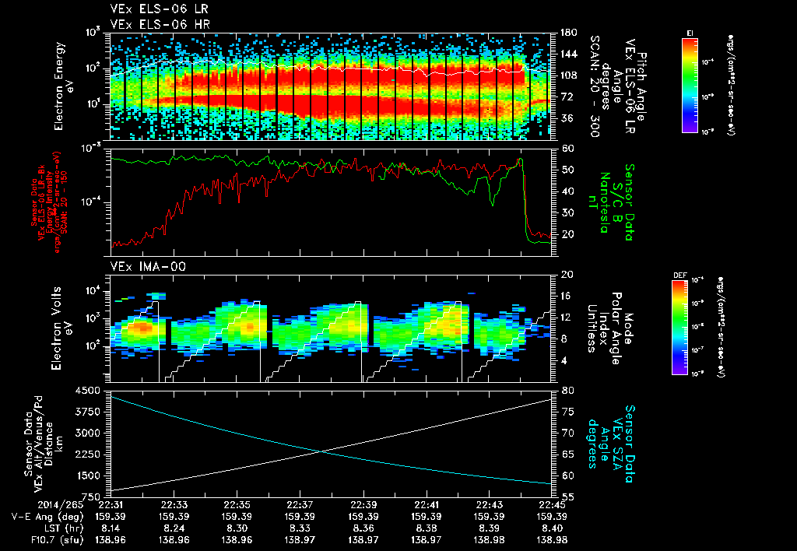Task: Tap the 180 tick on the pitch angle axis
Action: tap(567, 33)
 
